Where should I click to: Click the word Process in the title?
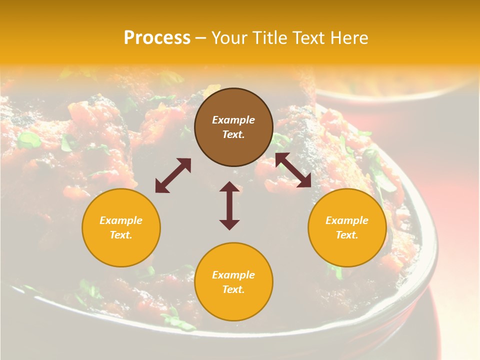(157, 38)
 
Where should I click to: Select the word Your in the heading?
(230, 38)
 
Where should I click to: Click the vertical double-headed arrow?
(229, 205)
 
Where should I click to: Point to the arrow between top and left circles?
(173, 175)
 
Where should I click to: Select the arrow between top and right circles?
(293, 170)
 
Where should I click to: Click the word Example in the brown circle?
(233, 120)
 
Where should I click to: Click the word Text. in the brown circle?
(233, 134)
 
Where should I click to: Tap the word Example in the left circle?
(121, 220)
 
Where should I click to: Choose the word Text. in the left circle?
(121, 235)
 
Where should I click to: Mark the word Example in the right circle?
(347, 220)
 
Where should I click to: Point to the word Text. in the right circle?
(347, 235)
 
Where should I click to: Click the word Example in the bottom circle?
(233, 275)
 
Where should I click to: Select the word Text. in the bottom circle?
(233, 289)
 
